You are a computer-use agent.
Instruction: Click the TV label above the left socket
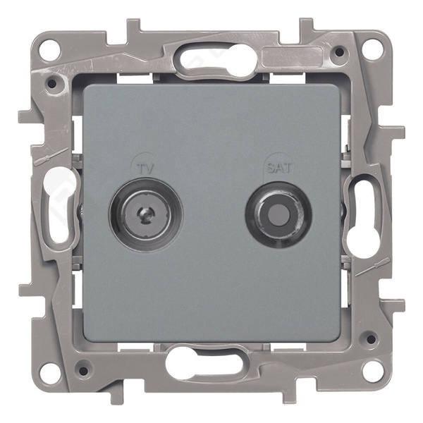(x=147, y=168)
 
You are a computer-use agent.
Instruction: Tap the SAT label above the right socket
(x=279, y=168)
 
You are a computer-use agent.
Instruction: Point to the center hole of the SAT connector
(x=278, y=215)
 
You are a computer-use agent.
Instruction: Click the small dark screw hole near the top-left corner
(x=52, y=83)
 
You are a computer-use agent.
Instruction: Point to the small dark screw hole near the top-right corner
(x=341, y=51)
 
